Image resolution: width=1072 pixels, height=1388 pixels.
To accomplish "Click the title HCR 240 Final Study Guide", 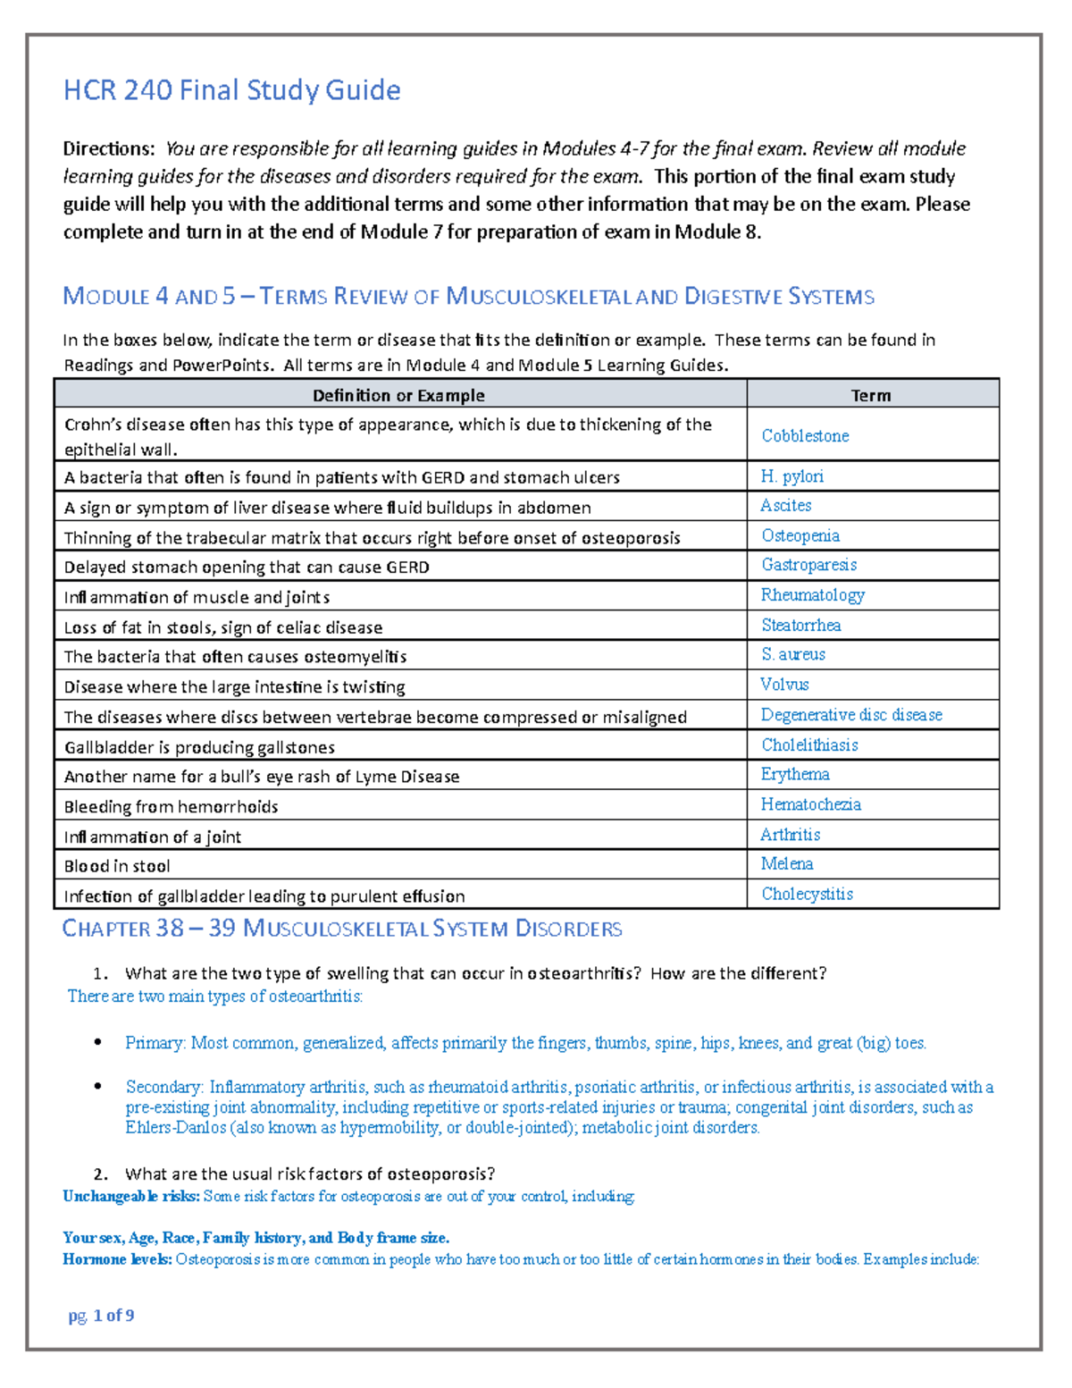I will pos(231,90).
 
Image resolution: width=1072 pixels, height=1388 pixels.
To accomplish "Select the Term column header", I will pos(870,395).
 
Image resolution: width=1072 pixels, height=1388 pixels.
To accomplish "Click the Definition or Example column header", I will pos(398,395).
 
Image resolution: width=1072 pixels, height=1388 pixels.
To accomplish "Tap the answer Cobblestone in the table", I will pos(805,436).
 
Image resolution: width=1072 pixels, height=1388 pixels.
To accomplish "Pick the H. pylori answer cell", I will pos(791,476).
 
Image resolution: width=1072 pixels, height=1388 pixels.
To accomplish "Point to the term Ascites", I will pos(785,506).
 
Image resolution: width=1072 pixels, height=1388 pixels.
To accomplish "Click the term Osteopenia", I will pos(800,535).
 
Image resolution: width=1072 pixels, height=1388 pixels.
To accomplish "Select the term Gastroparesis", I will pos(808,565).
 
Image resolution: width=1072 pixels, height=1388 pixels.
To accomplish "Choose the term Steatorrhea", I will pos(800,625).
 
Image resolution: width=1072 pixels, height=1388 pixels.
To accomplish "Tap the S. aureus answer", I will pos(792,654).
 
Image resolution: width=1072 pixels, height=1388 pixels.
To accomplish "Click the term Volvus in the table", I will pos(784,685).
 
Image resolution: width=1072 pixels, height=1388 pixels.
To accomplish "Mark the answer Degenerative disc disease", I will pos(851,715).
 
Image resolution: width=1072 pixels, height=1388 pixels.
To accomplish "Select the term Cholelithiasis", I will pos(809,744).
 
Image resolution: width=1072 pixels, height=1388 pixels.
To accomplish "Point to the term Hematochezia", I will pos(810,804).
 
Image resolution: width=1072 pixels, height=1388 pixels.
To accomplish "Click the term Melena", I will pos(786,863).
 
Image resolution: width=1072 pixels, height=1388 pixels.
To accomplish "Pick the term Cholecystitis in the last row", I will pos(807,894).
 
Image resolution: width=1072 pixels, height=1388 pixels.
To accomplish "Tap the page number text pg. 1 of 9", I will pos(101,1315).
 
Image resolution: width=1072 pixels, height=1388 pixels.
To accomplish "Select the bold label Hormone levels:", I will pos(117,1259).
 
